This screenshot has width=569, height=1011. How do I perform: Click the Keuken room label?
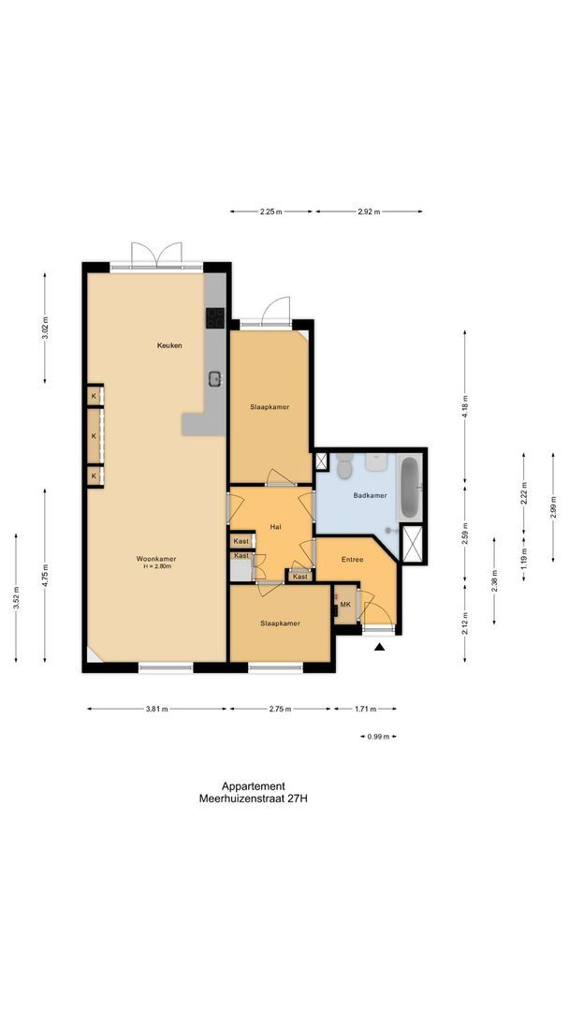pos(169,345)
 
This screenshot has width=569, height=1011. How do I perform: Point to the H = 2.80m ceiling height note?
pos(159,567)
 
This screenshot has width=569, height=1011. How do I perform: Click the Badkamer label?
pos(370,495)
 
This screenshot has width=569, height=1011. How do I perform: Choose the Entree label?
pos(352,559)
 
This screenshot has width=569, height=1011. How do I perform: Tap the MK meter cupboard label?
pos(345,605)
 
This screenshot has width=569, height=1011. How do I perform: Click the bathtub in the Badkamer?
pos(410,487)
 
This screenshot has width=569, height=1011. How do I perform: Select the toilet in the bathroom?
pos(343,463)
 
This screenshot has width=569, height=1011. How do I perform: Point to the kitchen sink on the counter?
pos(214,378)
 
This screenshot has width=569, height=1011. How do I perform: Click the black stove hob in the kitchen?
pos(214,317)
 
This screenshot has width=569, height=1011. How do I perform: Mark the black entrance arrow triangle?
pos(379,646)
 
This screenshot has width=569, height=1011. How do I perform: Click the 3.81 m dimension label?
pos(157,709)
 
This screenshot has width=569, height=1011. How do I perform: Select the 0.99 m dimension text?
pos(379,737)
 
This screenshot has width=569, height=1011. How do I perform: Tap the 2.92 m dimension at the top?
pos(369,212)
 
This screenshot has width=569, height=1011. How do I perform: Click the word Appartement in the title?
pos(254,786)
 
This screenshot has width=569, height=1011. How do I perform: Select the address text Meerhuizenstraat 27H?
pos(254,799)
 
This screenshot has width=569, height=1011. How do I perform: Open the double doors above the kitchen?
pos(156,255)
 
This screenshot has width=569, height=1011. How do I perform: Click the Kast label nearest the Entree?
pos(299,577)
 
